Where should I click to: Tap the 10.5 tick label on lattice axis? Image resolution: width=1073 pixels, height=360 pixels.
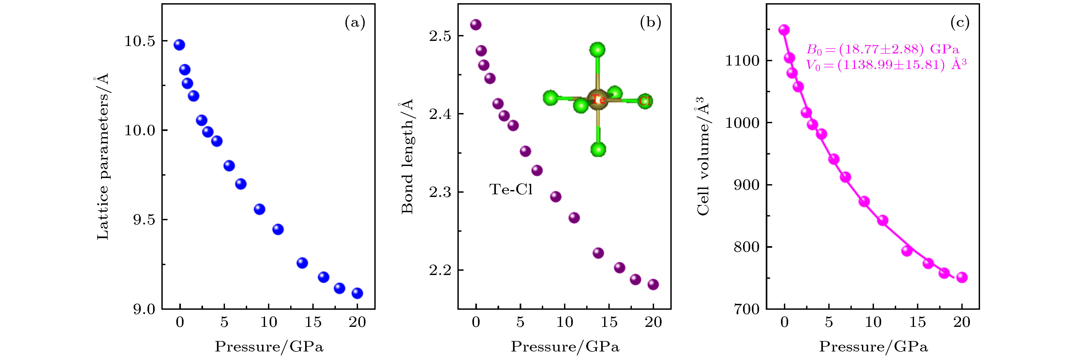coord(139,41)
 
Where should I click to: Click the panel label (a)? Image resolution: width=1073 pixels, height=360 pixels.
coord(355,22)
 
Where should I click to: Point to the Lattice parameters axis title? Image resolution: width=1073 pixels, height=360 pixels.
coord(103,157)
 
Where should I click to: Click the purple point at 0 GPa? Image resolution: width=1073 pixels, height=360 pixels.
coord(476,25)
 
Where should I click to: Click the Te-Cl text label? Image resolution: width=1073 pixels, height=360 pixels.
coord(511,189)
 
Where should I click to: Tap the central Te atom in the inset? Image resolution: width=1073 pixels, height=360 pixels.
coord(598,99)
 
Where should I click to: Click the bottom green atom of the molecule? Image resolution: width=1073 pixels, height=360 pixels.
coord(598,149)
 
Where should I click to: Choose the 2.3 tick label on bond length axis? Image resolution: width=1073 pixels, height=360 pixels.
coord(440,192)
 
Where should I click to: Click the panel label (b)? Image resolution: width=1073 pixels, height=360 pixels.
coord(651,22)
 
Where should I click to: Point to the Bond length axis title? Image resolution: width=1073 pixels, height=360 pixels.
coord(407,157)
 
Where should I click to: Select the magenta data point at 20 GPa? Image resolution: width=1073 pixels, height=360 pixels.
coord(962,277)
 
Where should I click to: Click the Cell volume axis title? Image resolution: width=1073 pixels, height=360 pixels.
coord(703,157)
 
